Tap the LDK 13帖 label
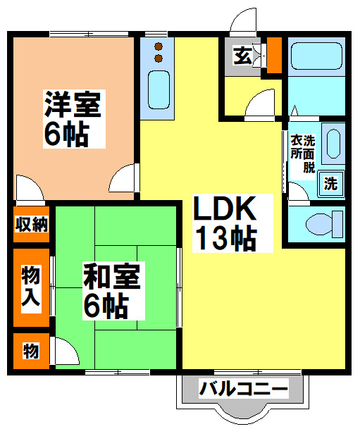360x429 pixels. (x=224, y=224)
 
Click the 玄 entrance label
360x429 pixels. (x=242, y=56)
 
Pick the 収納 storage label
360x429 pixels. (x=32, y=225)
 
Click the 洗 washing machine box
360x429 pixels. (x=330, y=183)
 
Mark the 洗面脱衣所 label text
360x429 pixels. (x=302, y=153)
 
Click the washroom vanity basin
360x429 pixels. (x=333, y=144)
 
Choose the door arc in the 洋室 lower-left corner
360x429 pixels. (x=28, y=188)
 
